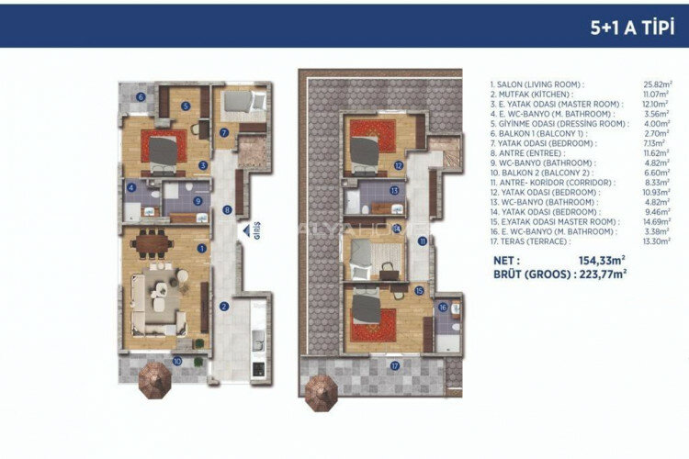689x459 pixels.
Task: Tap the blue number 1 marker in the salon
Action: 201,248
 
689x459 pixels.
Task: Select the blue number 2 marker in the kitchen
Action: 222,306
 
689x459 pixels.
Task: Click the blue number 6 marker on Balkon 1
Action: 141,96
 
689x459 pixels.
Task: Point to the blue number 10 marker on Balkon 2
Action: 176,362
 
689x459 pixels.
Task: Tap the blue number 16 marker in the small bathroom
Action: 443,308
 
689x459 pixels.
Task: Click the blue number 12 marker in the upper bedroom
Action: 398,165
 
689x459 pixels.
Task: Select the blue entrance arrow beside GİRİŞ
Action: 243,233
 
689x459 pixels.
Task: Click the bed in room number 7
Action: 242,102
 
